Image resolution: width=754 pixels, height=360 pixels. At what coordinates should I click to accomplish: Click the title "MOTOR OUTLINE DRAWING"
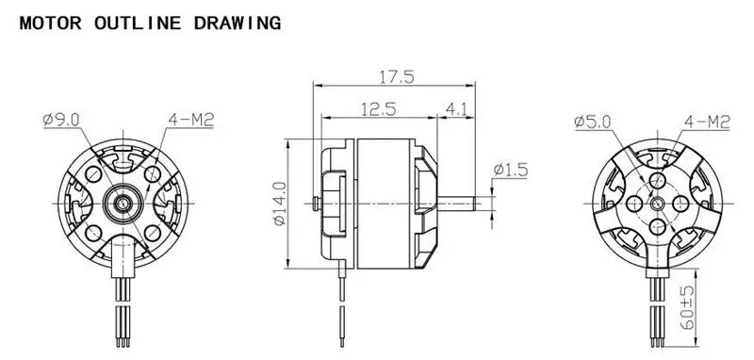150,23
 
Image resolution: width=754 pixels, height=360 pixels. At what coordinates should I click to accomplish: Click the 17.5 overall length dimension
397,77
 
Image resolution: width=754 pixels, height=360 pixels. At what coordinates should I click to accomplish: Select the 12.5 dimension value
379,109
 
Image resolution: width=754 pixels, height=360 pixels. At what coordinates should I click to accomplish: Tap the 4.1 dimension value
456,109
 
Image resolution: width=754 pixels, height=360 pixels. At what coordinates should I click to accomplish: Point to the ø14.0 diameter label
279,204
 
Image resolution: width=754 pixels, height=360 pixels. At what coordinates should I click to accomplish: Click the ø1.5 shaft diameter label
511,170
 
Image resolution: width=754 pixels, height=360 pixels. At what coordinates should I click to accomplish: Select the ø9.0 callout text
61,119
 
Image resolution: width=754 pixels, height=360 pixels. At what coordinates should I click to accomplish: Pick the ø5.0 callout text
593,122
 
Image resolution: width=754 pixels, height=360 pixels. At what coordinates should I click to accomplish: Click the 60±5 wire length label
688,307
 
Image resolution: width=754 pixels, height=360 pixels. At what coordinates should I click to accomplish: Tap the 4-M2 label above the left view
191,120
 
